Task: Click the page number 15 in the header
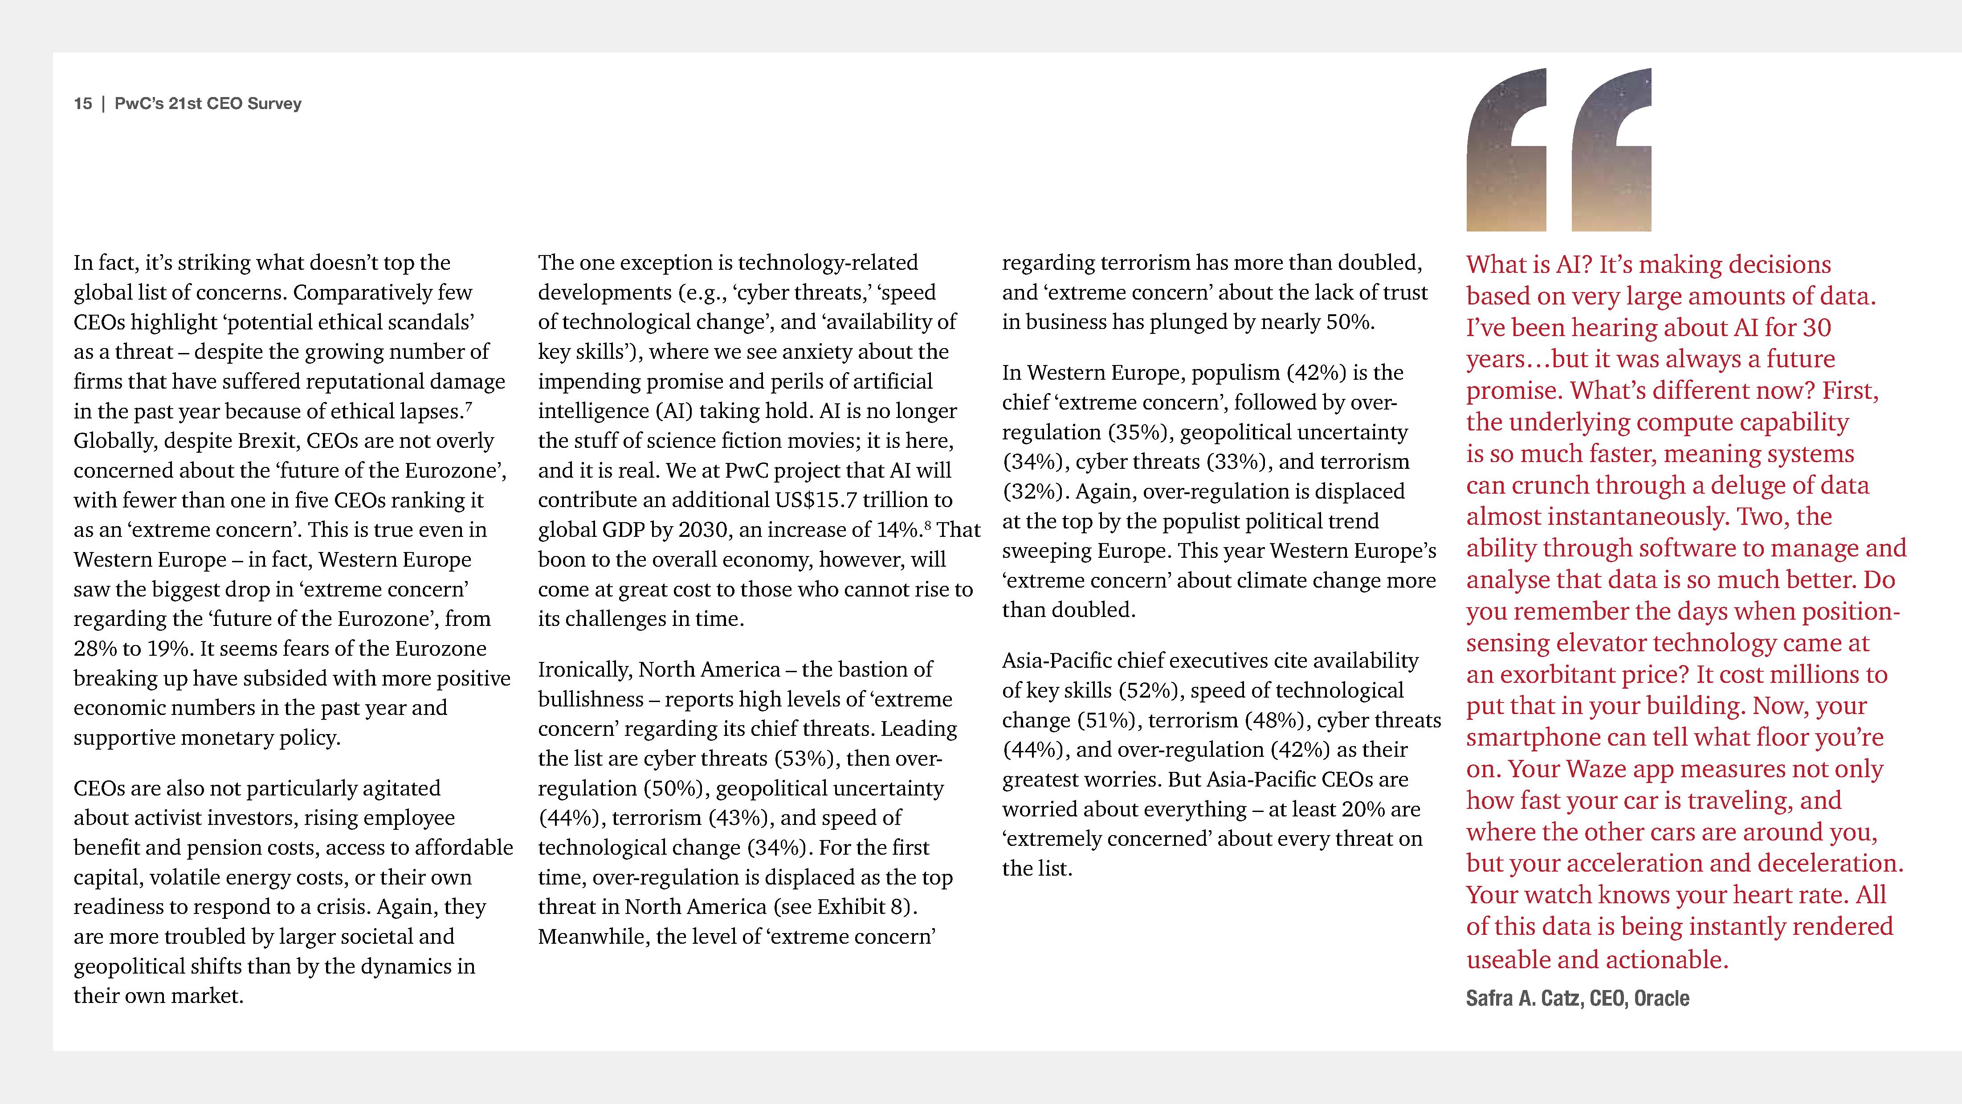pos(82,104)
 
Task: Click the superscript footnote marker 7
pos(469,407)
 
